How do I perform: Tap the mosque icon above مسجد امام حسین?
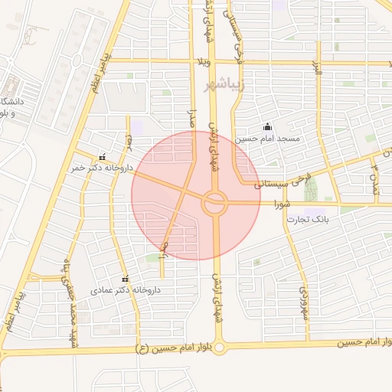click(x=266, y=127)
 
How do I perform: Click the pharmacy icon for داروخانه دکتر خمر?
click(x=103, y=156)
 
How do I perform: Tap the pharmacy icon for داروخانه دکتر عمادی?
click(x=125, y=279)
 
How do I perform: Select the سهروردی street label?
click(x=303, y=302)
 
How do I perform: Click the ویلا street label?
click(x=203, y=62)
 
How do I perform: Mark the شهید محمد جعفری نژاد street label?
click(x=71, y=300)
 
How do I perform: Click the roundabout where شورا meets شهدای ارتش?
click(x=215, y=203)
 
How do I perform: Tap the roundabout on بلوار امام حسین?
click(x=220, y=348)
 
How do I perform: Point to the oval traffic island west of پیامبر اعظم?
click(x=77, y=60)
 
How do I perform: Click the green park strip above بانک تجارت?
click(x=311, y=191)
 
